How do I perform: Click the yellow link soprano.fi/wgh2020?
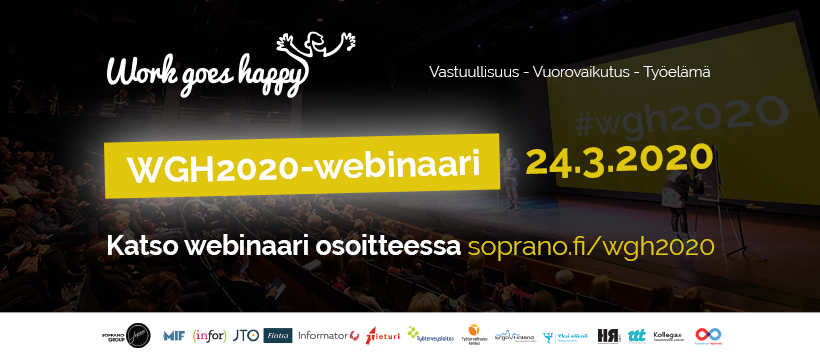591,246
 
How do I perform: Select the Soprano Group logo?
124,335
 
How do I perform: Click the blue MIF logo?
173,335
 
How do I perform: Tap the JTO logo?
246,335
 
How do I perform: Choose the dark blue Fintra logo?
279,335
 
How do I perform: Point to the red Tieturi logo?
383,335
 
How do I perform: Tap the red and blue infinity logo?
708,335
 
